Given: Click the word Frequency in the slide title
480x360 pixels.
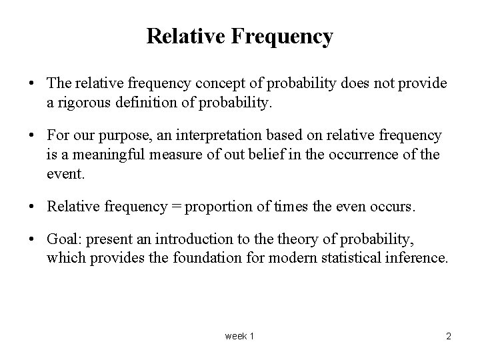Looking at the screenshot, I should [x=283, y=37].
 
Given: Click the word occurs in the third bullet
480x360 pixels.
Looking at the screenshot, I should [x=393, y=206].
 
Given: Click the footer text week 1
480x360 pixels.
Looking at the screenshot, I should [x=239, y=336].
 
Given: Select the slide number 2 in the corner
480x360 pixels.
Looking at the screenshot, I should [x=448, y=336].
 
